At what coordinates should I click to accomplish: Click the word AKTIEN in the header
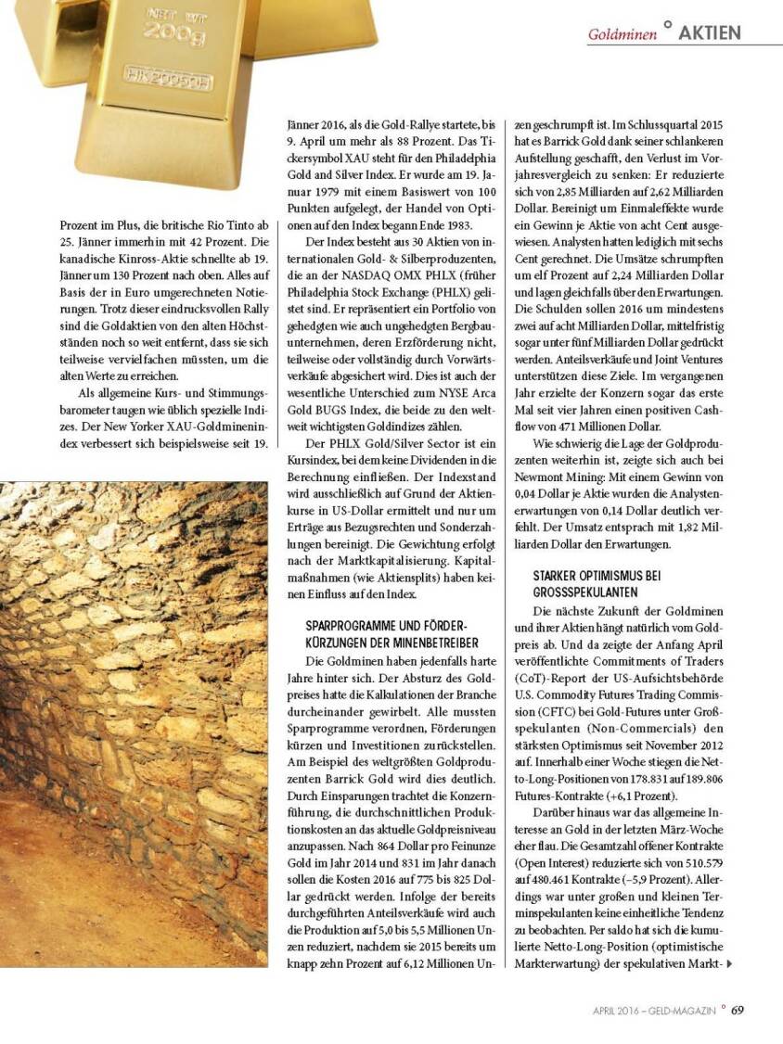[710, 32]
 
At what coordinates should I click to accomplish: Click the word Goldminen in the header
[622, 34]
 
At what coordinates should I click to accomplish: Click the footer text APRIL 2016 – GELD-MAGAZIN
[654, 1011]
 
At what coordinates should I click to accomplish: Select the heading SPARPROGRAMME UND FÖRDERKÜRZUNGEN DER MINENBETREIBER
[391, 634]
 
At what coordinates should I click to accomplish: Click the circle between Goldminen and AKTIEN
[667, 25]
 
